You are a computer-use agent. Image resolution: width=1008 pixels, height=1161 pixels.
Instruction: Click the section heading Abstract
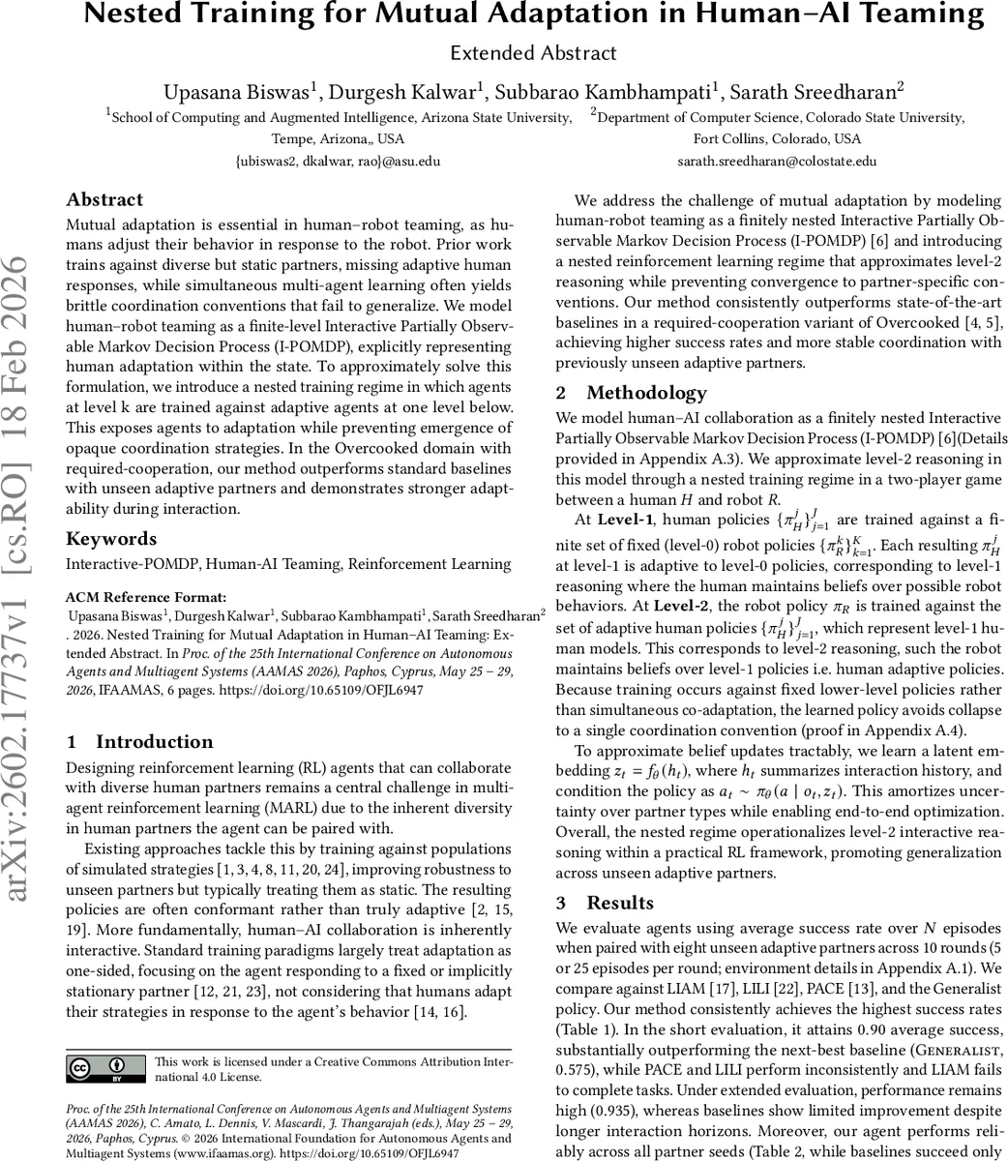(104, 200)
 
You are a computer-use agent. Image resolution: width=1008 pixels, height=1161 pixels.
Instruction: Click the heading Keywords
(111, 539)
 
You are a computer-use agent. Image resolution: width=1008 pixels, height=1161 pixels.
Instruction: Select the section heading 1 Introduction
(139, 742)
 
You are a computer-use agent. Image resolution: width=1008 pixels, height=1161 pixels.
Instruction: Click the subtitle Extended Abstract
(534, 53)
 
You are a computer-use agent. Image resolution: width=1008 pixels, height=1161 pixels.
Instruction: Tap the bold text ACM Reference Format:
(146, 597)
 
